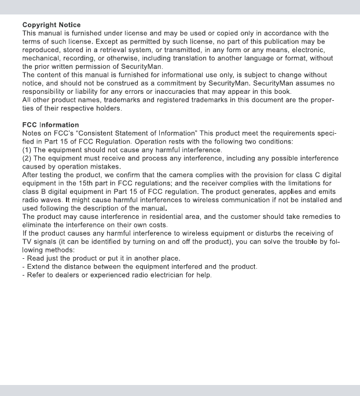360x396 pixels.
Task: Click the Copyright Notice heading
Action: click(x=52, y=25)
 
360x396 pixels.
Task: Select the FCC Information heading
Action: click(x=50, y=124)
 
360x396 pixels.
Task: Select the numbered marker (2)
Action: click(x=27, y=158)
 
